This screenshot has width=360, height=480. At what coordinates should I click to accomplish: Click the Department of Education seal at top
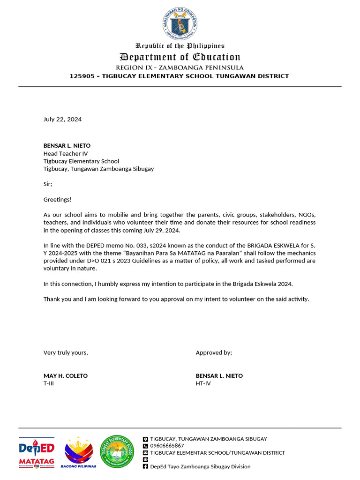click(x=180, y=23)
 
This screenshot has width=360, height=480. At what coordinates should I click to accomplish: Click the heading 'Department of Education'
click(x=180, y=57)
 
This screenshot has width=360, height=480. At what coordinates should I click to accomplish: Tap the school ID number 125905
click(x=82, y=76)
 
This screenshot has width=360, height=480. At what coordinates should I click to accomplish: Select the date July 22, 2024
click(x=62, y=119)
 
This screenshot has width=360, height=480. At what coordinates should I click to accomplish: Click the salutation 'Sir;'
click(x=48, y=184)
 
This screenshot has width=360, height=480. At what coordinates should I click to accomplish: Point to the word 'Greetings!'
click(x=58, y=199)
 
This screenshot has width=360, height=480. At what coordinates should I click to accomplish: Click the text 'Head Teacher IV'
click(x=66, y=153)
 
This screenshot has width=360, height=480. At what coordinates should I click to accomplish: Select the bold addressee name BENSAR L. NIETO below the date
click(x=67, y=146)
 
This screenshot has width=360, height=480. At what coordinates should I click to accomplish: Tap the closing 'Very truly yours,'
click(x=66, y=352)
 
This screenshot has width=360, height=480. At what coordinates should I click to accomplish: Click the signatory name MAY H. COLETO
click(x=66, y=376)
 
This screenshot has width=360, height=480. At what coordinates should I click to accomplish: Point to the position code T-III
click(x=49, y=383)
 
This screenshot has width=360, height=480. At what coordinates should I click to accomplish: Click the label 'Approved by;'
click(x=214, y=352)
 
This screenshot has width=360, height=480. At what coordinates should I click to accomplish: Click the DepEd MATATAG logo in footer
click(x=37, y=453)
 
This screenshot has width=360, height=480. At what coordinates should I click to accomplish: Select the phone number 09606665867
click(x=167, y=446)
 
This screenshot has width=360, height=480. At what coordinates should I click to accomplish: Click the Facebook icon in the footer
click(x=145, y=466)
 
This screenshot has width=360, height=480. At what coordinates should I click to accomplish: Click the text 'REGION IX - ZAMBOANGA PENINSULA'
click(x=180, y=67)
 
